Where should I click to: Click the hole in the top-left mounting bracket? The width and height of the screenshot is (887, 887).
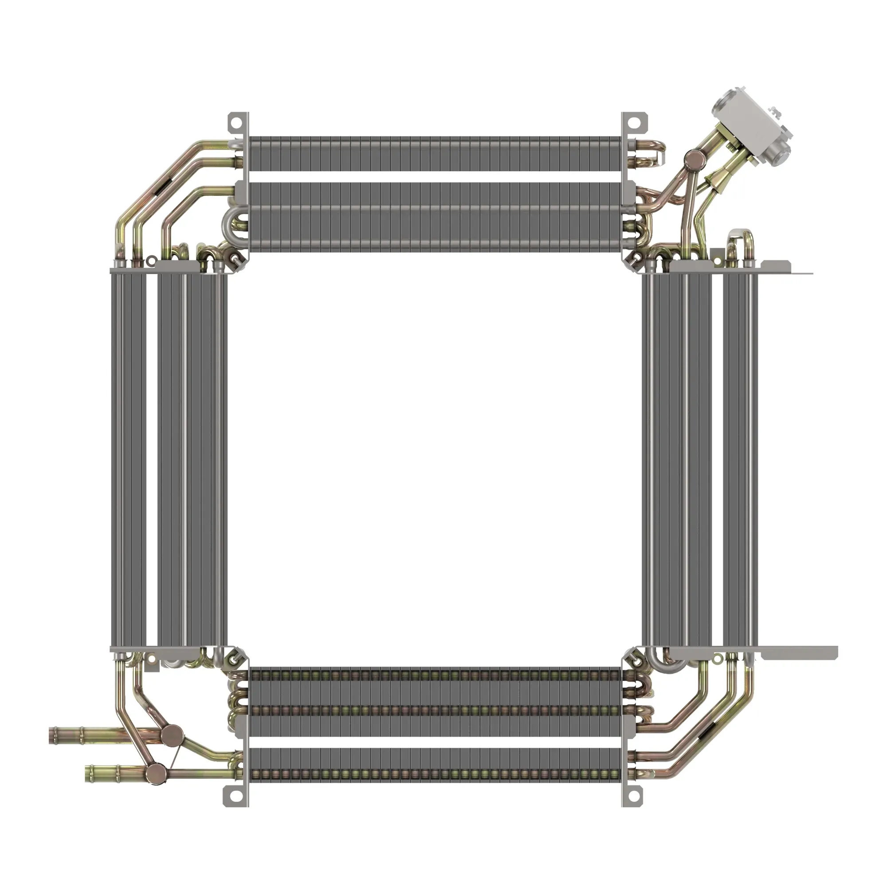click(x=235, y=123)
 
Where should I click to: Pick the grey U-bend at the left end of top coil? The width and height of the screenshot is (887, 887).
click(x=229, y=225)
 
